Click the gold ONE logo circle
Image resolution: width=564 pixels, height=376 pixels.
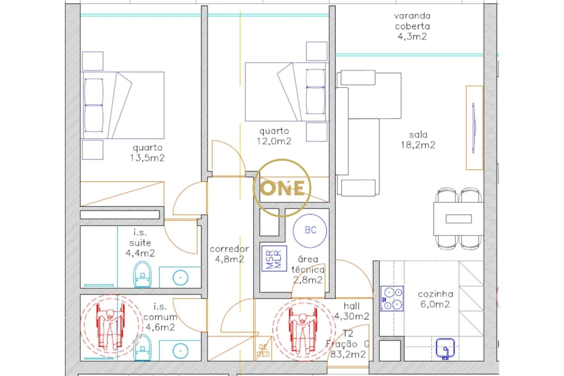click(x=282, y=188)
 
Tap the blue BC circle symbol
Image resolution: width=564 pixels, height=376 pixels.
click(x=310, y=230)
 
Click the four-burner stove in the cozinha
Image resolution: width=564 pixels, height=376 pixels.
click(x=392, y=298)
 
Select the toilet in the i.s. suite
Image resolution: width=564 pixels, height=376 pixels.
click(x=142, y=275)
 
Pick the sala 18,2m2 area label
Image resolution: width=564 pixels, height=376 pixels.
click(x=422, y=140)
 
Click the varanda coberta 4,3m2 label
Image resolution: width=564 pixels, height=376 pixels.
click(x=412, y=26)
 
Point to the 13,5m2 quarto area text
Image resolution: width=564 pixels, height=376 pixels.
click(x=148, y=158)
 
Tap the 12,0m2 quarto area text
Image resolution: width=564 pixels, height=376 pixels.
click(x=275, y=141)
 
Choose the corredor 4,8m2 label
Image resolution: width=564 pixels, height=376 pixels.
click(x=229, y=254)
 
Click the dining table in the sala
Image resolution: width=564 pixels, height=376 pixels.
click(x=458, y=218)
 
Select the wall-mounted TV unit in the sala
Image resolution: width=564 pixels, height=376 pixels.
click(x=474, y=127)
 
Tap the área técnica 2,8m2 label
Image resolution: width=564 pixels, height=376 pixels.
click(x=311, y=269)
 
